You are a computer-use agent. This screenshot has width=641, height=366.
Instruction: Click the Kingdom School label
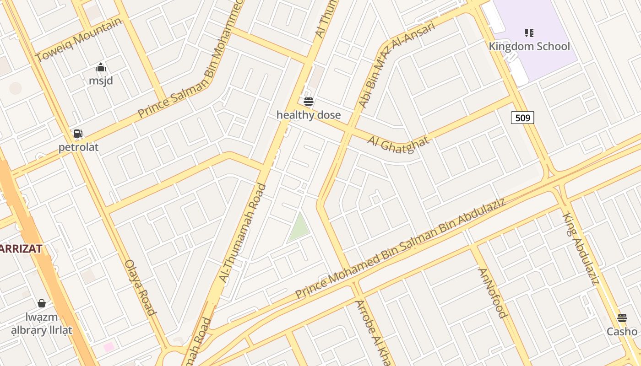[x=529, y=46]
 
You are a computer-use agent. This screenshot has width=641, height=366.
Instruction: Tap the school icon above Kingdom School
[x=529, y=32]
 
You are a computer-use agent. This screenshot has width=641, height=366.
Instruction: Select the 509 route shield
[x=522, y=118]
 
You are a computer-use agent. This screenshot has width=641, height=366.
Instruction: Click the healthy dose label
[x=309, y=114]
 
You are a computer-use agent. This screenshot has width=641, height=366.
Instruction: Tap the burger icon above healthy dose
[x=309, y=101]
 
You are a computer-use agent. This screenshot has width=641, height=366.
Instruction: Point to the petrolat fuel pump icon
[x=78, y=134]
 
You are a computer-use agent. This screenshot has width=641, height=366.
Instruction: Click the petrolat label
[x=78, y=147]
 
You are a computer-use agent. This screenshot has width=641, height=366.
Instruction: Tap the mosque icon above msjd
[x=101, y=68]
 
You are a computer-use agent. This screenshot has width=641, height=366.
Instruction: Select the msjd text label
[x=101, y=81]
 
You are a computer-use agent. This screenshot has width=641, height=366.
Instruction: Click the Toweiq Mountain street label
[x=79, y=39]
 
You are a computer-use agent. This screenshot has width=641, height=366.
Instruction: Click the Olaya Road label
[x=141, y=287]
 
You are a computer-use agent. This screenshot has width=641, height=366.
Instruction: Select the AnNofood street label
[x=493, y=292]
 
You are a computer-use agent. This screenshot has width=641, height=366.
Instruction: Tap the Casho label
[x=622, y=331]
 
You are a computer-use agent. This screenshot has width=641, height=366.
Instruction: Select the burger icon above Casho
[x=622, y=318]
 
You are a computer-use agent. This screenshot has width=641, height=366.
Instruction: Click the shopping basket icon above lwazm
[x=42, y=303]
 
